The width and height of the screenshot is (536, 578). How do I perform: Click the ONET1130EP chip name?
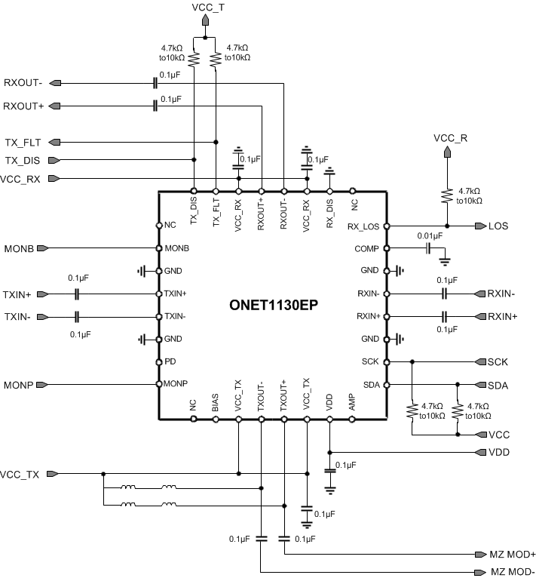click(273, 307)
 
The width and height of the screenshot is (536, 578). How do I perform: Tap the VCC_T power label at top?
click(207, 8)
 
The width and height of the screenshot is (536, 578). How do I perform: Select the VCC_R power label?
click(450, 138)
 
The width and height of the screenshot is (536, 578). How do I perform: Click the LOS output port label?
click(498, 226)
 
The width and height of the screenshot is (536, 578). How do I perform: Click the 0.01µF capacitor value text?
click(429, 236)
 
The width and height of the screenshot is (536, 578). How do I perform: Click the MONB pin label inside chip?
click(176, 248)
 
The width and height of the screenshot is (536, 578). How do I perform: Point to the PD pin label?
click(170, 361)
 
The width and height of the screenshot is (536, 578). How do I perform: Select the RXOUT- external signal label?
click(23, 83)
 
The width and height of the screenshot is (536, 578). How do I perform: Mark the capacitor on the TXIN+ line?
click(77, 294)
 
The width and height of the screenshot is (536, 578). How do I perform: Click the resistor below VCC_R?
click(447, 195)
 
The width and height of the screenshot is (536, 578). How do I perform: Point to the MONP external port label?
click(17, 384)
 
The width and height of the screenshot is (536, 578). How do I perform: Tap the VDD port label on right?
click(498, 452)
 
